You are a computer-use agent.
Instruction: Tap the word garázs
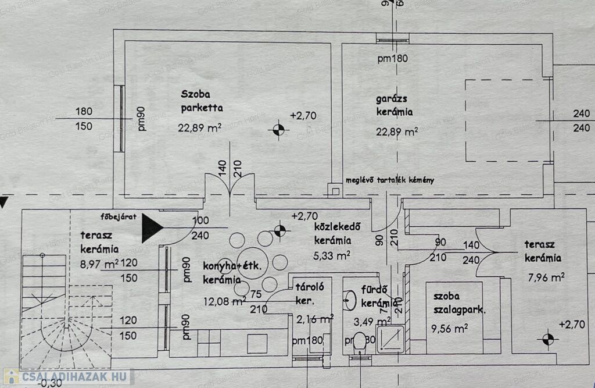pyautogui.click(x=390, y=98)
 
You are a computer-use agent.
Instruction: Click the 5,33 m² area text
pyautogui.click(x=332, y=254)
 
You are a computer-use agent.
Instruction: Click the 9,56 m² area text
pyautogui.click(x=450, y=328)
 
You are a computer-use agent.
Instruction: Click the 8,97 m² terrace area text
pyautogui.click(x=99, y=264)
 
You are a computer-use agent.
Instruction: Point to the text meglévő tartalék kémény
pyautogui.click(x=389, y=180)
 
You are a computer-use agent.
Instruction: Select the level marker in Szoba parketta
pyautogui.click(x=278, y=130)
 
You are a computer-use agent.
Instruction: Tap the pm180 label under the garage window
pyautogui.click(x=393, y=58)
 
